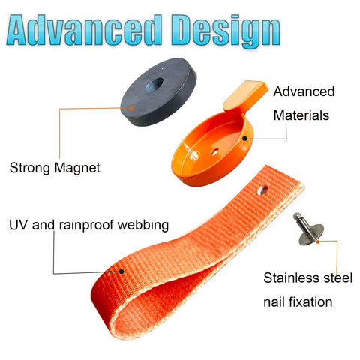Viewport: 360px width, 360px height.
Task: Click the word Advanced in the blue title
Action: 84,30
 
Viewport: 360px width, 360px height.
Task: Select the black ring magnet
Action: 158,92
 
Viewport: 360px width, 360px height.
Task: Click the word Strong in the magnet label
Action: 30,168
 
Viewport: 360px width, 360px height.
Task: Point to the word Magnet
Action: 77,167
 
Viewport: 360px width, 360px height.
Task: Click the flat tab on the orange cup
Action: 245,95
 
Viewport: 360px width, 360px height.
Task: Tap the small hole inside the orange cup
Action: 215,151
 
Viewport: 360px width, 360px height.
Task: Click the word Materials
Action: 301,115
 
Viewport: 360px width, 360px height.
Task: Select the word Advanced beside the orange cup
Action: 304,91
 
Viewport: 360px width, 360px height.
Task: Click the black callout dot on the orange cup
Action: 245,138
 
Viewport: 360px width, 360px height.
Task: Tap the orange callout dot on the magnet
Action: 132,108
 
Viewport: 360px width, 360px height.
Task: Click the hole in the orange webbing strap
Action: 262,190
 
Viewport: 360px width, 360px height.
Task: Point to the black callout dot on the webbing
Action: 121,271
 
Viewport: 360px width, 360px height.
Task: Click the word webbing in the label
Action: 143,225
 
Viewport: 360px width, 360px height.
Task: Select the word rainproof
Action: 86,225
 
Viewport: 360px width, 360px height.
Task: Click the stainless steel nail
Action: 309,229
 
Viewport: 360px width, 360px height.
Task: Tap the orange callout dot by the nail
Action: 318,241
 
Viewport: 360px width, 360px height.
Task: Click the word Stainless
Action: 290,277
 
